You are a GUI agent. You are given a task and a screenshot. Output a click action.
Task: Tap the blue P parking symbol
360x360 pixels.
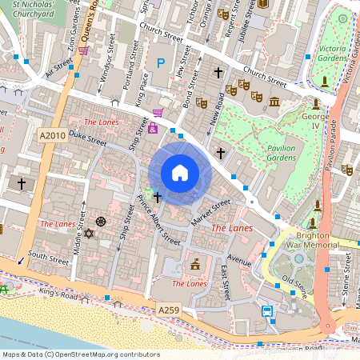[x=161, y=62]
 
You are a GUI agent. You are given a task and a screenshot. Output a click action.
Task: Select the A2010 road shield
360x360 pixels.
[x=52, y=135]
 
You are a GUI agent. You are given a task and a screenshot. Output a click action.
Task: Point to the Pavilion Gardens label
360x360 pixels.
[x=276, y=154]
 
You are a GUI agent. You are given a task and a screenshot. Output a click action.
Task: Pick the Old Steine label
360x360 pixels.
[x=298, y=283]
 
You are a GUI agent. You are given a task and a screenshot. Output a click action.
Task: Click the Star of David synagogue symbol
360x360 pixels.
[x=89, y=234]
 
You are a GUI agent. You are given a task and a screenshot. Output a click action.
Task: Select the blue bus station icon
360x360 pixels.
[x=266, y=311]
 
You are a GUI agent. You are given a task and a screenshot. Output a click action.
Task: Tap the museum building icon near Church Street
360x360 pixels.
[x=274, y=102]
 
